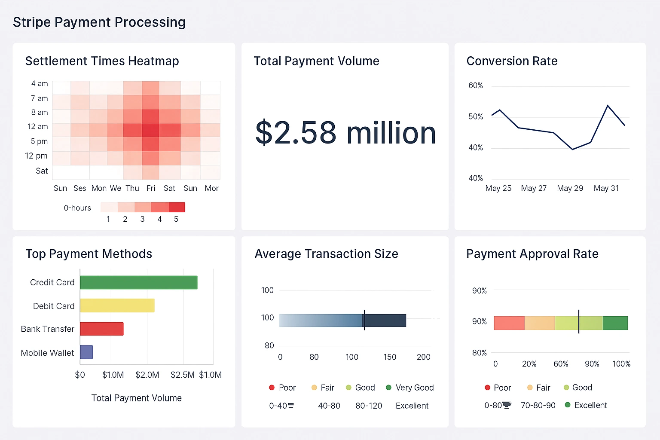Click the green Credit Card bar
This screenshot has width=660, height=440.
[x=138, y=282]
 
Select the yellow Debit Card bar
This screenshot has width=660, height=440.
[x=117, y=306]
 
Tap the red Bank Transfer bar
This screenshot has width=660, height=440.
[x=101, y=329]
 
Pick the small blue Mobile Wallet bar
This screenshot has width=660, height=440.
[x=86, y=352]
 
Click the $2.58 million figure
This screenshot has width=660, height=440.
[x=345, y=133]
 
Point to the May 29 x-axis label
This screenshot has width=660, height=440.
[x=570, y=188]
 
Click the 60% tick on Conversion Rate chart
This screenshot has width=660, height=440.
[x=476, y=86]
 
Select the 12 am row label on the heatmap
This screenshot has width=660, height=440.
[x=37, y=127]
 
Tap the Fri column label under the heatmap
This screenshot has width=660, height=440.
[x=151, y=188]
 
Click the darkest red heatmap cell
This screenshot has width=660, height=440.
[x=150, y=130]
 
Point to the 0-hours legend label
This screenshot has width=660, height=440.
[x=77, y=208]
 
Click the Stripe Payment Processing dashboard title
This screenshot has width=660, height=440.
[x=99, y=22]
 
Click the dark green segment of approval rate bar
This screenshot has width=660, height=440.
[x=615, y=323]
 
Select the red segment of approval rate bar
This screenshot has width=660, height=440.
[x=509, y=323]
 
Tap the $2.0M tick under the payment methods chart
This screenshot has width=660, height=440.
[x=147, y=375]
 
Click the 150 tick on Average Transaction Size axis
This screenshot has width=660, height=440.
[x=390, y=357]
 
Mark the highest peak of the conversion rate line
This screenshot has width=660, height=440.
[x=608, y=105]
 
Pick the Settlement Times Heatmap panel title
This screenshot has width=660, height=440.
[x=102, y=61]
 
